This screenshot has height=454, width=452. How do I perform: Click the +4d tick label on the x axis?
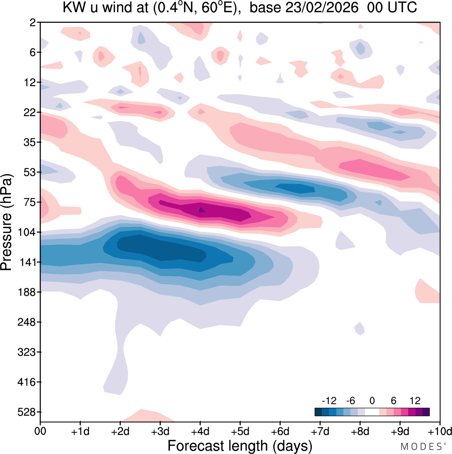200,431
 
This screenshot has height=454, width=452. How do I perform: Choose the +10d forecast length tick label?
440,431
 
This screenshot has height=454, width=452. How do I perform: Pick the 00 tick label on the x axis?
40,431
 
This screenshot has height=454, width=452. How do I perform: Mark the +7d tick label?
320,431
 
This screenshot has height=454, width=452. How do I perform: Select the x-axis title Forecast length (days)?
240,446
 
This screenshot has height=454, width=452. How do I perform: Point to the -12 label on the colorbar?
329,401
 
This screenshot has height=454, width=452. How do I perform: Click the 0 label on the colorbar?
372,401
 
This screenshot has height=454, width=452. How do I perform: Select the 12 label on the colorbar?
415,401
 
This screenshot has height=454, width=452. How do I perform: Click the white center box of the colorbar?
372,412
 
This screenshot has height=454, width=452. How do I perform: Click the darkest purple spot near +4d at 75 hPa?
202,210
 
